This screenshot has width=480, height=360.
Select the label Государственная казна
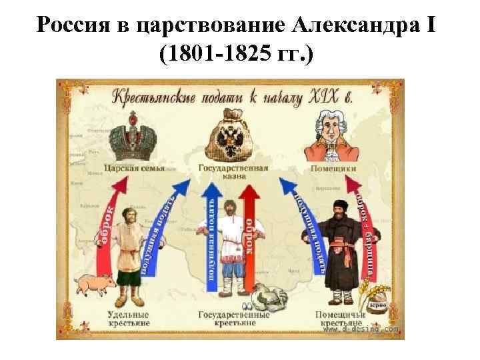point(233,173)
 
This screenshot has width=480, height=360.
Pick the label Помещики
point(333,169)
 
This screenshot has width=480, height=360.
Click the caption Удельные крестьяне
point(129,318)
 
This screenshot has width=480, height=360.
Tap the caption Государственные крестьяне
point(233,318)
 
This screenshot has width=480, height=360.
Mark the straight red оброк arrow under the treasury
point(250,233)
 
